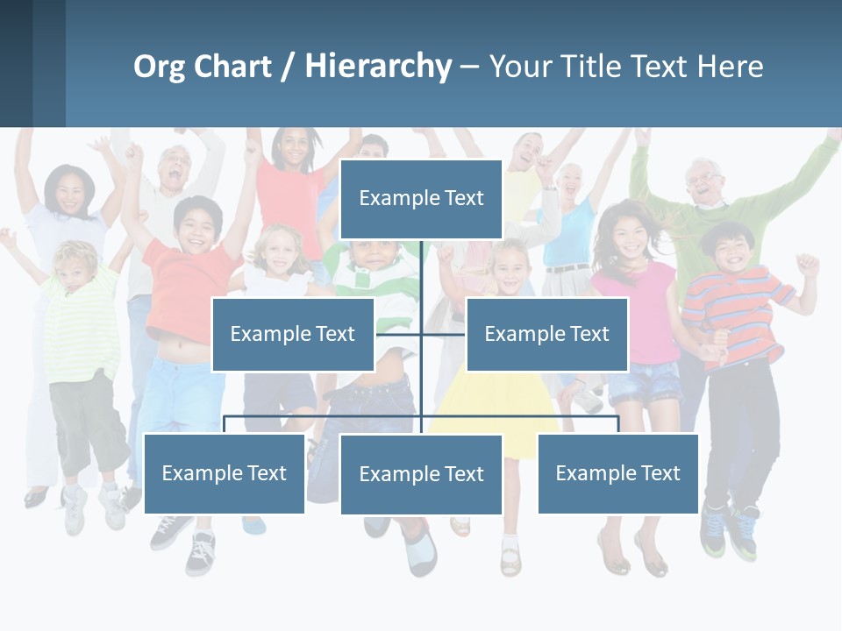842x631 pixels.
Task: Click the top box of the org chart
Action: (421, 199)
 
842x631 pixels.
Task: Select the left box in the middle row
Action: (293, 334)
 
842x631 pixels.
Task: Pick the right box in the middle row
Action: (546, 334)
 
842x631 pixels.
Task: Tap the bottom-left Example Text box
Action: (225, 473)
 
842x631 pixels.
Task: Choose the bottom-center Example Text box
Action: (421, 474)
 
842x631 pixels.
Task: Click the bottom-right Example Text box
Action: (617, 473)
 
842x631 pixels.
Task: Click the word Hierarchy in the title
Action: (378, 67)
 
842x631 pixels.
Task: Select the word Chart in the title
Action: (232, 67)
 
